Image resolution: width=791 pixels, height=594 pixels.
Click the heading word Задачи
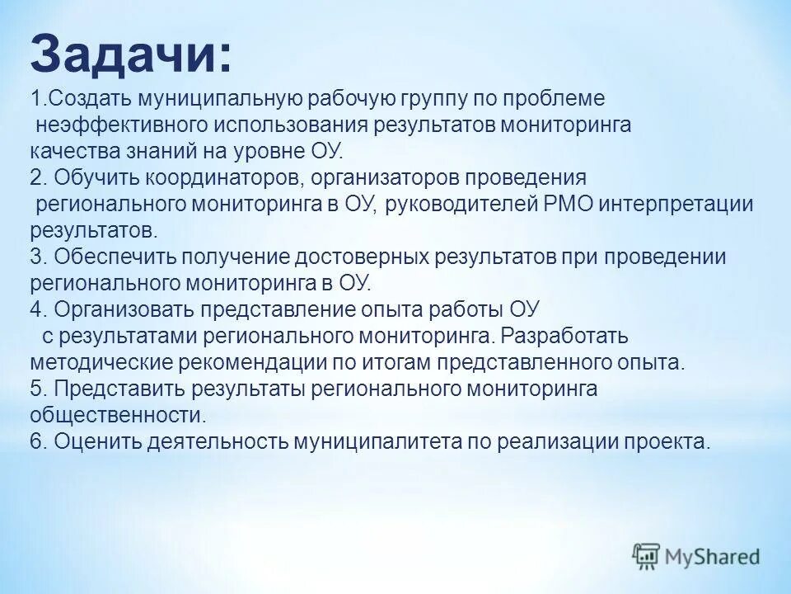(130, 55)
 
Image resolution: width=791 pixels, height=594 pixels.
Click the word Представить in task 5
(120, 389)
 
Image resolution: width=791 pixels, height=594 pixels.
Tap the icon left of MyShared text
(647, 557)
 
